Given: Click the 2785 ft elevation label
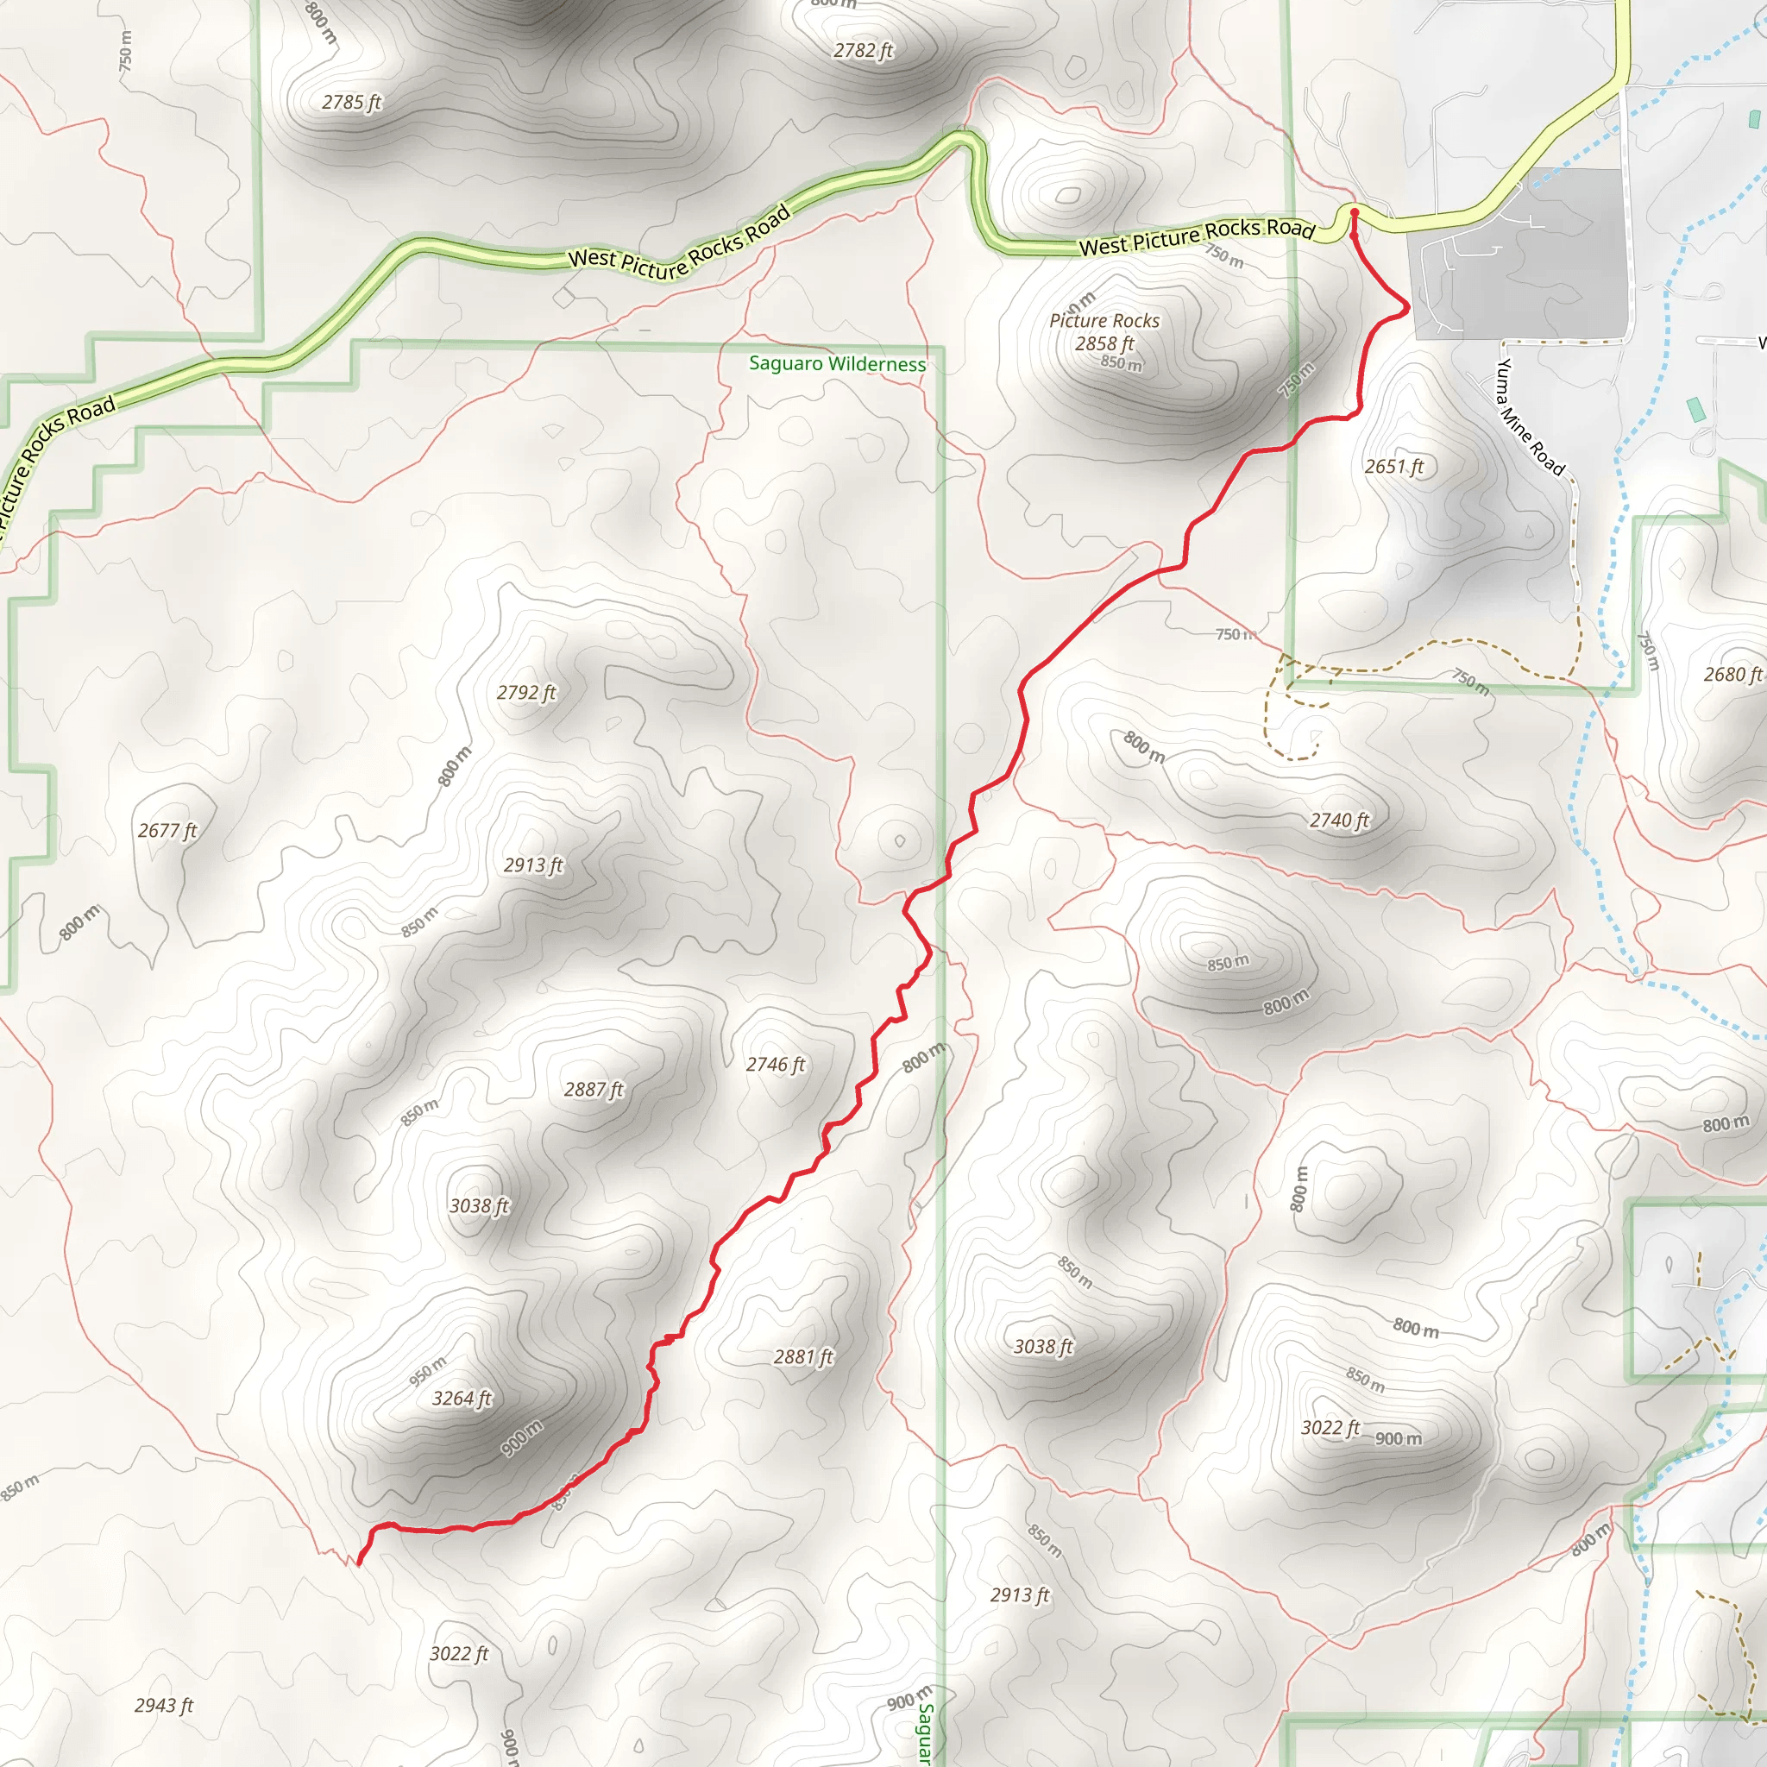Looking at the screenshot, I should (351, 103).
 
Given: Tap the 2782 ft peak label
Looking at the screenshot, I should (863, 51).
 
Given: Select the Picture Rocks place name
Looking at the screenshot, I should (1104, 321).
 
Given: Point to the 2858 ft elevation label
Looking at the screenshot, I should (1104, 344).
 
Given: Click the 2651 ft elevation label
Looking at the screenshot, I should (1394, 467).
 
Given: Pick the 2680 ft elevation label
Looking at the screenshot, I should (1732, 674).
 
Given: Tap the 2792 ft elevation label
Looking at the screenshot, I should (526, 692).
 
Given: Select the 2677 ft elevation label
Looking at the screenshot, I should (167, 831).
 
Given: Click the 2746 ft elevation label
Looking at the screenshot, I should (776, 1065).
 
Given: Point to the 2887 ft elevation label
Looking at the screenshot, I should (594, 1090).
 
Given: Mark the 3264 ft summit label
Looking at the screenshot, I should (462, 1399).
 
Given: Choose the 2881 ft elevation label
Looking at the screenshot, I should (803, 1357).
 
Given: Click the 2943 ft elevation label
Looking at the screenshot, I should (164, 1706).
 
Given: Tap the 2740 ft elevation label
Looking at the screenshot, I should (1339, 821).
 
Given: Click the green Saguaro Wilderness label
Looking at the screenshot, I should (837, 364).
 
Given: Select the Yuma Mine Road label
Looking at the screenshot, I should (1530, 417).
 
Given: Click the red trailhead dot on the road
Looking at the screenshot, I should (1355, 213).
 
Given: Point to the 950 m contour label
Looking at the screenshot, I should (427, 1370).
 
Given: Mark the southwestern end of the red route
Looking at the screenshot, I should (359, 1563).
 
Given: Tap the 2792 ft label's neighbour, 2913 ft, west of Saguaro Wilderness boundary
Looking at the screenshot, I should (533, 865).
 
